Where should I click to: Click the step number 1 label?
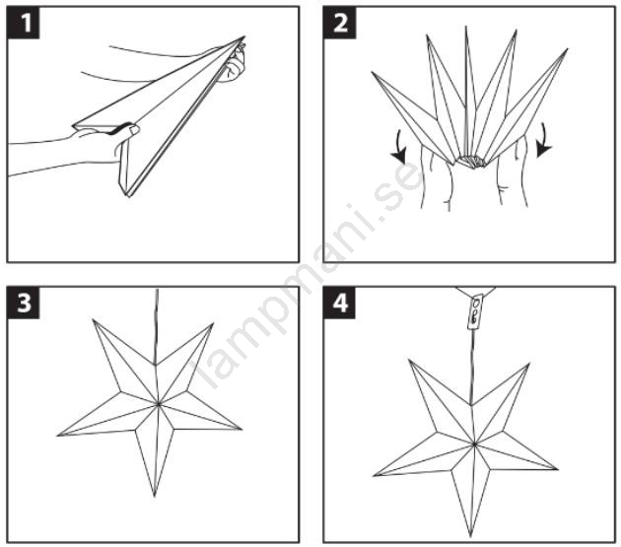coord(24,23)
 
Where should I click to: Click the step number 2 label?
coord(340,23)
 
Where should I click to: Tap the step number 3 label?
coord(24,303)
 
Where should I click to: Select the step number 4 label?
coord(340,303)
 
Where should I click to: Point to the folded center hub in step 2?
coord(471,162)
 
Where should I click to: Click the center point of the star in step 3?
coord(159,404)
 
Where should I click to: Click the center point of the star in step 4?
coord(474,444)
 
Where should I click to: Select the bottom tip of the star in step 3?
coord(155,497)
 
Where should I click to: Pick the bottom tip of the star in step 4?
coord(470,537)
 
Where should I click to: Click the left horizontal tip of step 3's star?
coord(58,436)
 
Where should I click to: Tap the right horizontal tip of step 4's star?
coord(558,469)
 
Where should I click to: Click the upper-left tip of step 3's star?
coord(94,319)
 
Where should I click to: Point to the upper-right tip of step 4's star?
coord(529,364)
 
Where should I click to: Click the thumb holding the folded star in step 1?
coord(127,129)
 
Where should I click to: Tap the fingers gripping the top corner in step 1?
coord(236,63)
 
